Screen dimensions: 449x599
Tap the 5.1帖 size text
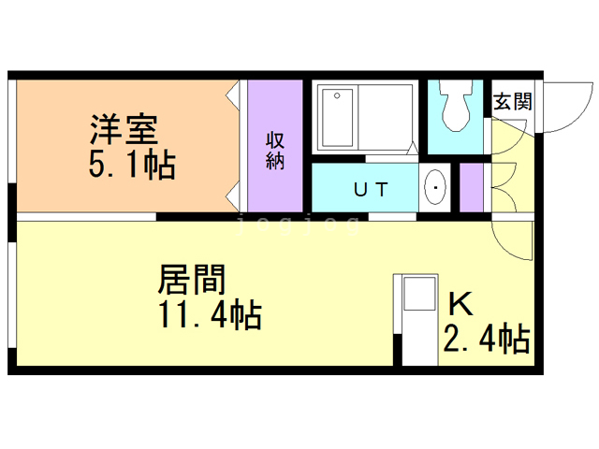(132, 167)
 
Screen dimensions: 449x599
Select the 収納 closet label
(275, 150)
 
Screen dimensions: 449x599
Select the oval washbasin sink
(435, 188)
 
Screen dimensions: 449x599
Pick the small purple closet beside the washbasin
(471, 188)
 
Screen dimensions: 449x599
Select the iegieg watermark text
(299, 224)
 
